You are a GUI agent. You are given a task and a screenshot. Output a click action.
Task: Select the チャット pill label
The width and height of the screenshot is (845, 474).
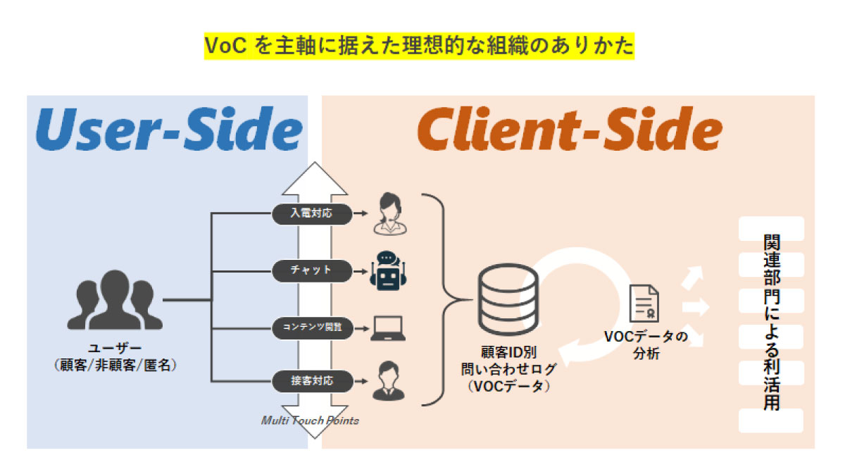311,270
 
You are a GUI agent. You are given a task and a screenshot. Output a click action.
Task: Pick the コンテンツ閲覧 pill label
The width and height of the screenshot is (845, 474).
311,326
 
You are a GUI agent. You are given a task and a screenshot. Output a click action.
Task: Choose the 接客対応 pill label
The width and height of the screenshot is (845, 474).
311,382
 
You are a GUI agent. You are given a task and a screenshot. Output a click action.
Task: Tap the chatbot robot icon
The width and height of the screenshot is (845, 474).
389,270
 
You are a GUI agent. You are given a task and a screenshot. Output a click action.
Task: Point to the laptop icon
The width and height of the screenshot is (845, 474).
389,327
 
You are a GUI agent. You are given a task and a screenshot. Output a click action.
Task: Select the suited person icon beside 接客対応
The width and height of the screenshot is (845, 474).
389,380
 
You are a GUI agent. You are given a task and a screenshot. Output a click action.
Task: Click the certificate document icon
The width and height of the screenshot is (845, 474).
643,304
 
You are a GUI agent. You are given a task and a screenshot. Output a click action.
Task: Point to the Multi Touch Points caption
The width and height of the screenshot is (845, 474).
310,420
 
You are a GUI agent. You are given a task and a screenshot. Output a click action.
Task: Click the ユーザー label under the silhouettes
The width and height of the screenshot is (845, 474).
115,348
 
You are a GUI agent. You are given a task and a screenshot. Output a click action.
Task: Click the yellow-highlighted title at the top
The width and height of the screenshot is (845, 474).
419,46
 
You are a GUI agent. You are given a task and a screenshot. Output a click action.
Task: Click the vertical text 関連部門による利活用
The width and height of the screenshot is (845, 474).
772,323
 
